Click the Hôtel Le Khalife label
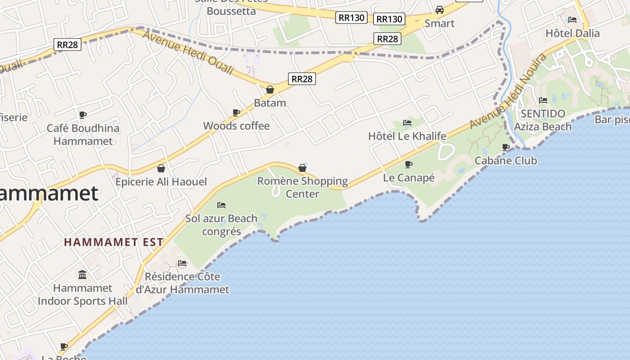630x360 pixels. tap(407, 136)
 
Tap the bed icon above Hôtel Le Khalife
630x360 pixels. tap(407, 122)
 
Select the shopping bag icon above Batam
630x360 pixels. tap(270, 90)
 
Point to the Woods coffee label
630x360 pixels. tap(236, 126)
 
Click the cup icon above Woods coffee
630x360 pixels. tap(236, 112)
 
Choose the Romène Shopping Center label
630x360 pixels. tap(302, 187)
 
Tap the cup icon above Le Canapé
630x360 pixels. tap(408, 164)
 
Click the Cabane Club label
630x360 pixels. tap(506, 160)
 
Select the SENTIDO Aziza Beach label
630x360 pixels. tap(543, 120)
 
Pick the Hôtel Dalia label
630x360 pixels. tap(572, 33)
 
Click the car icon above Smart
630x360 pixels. tap(440, 10)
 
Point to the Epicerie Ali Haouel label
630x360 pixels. tap(161, 182)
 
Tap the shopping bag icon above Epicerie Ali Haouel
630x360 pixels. tap(161, 168)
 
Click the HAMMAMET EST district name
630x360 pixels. tap(113, 242)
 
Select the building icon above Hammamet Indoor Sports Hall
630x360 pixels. tap(82, 274)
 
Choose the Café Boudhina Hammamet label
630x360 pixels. tap(83, 135)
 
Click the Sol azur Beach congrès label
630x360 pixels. tap(221, 225)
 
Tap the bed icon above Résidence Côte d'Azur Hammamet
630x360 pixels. tap(182, 263)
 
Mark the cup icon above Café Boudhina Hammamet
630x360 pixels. tap(82, 115)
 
